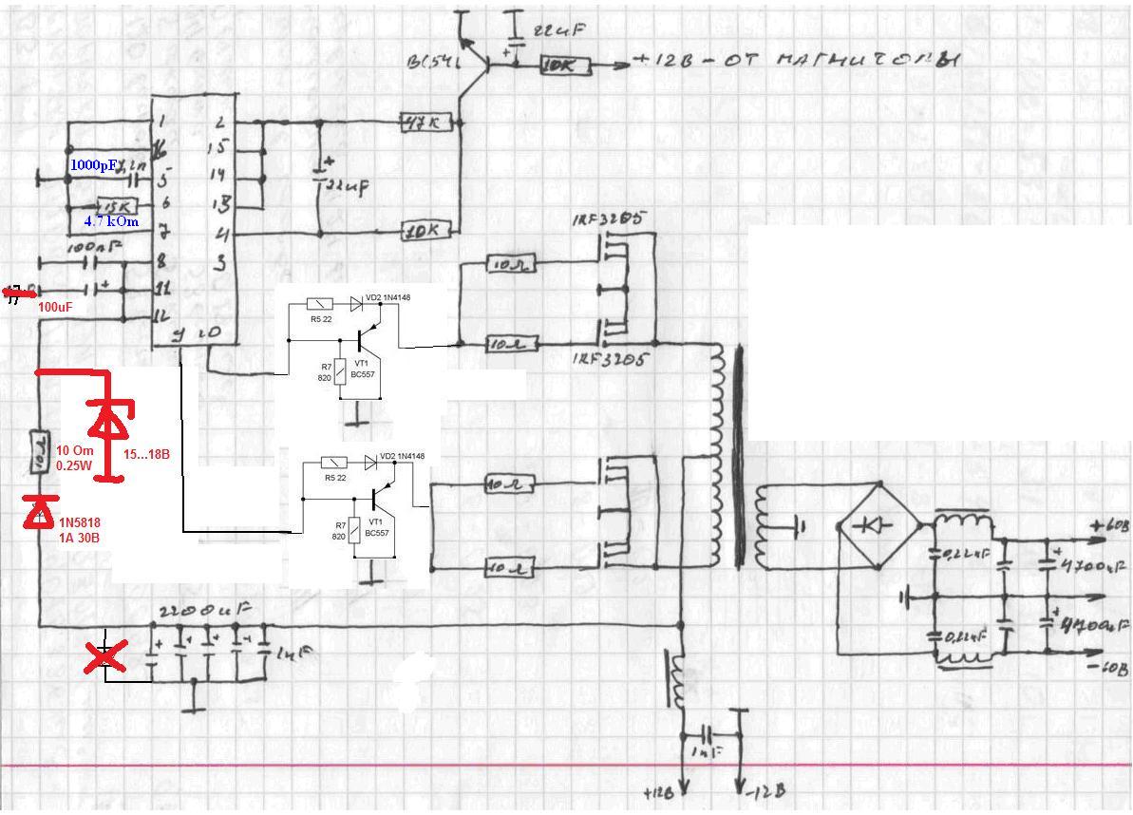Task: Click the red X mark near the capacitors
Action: [x=105, y=656]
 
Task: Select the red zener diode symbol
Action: [x=110, y=419]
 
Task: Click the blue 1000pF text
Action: [x=93, y=164]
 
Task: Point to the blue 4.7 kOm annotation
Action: [x=111, y=221]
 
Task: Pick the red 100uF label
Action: [x=55, y=308]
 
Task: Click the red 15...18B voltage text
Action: [x=146, y=455]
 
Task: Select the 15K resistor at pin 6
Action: [x=118, y=206]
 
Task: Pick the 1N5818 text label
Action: [x=80, y=522]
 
